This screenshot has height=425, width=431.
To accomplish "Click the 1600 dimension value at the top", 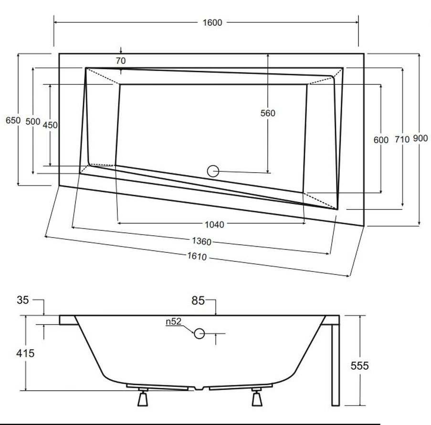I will (211, 22).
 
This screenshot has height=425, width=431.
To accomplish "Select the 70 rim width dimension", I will (120, 61).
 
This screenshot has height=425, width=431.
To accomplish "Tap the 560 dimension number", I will (268, 113).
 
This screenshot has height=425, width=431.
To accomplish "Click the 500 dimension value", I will (32, 122).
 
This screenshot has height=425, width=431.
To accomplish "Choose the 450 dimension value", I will (50, 125).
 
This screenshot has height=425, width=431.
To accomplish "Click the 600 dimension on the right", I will (381, 140).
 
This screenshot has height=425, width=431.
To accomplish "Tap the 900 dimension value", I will (420, 138).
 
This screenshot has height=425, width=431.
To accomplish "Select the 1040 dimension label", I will (214, 224).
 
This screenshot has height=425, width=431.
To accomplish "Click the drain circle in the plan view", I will (213, 171).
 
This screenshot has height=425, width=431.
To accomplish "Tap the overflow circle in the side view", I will (199, 333).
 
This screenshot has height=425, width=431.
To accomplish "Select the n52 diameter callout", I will (174, 322).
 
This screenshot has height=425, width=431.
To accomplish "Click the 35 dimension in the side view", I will (23, 300).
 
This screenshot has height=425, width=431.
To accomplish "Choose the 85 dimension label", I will (198, 301).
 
